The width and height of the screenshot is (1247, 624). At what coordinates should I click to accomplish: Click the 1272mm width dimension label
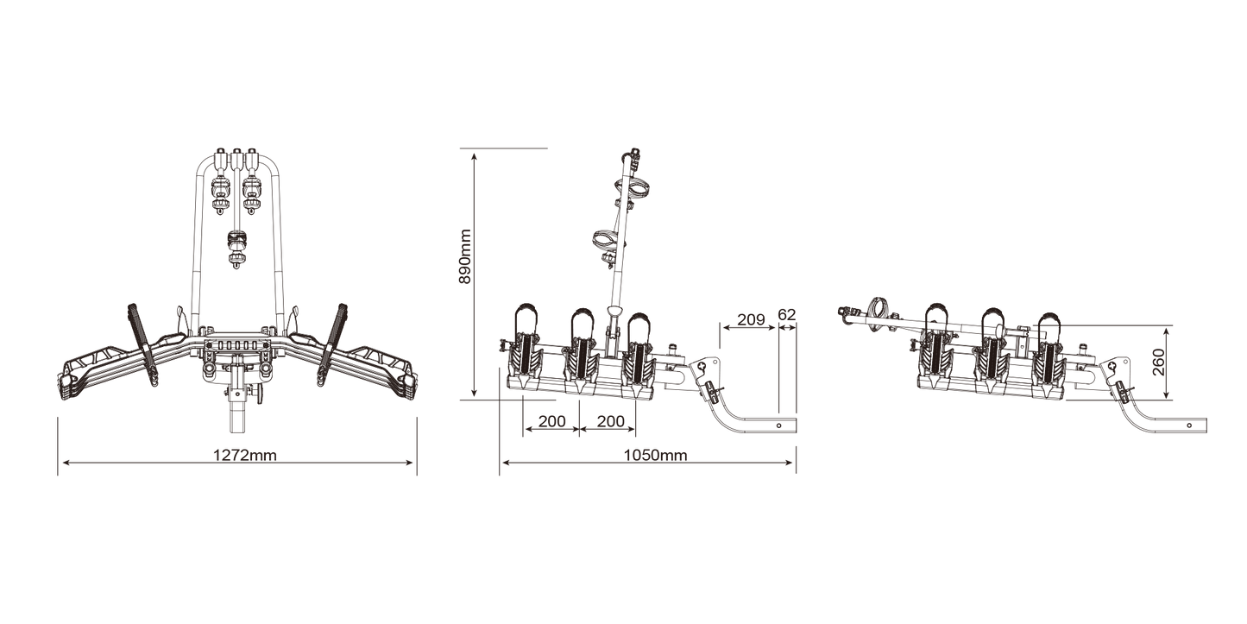click(245, 456)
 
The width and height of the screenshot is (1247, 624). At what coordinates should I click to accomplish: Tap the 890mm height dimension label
click(465, 256)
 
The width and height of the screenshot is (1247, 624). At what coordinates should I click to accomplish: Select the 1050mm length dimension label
click(655, 456)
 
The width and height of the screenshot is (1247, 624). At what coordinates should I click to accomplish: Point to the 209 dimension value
click(751, 319)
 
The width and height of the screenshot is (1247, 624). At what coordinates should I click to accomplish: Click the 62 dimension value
click(787, 314)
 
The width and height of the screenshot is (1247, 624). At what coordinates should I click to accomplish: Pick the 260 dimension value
click(1158, 362)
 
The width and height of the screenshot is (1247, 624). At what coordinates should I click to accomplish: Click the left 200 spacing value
click(551, 421)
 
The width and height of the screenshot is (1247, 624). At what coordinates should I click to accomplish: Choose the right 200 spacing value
click(611, 421)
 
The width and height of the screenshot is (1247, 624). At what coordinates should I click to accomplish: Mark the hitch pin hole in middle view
click(778, 425)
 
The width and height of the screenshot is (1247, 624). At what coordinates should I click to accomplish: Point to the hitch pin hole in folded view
click(1189, 425)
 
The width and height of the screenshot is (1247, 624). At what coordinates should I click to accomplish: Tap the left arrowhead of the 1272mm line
click(63, 462)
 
